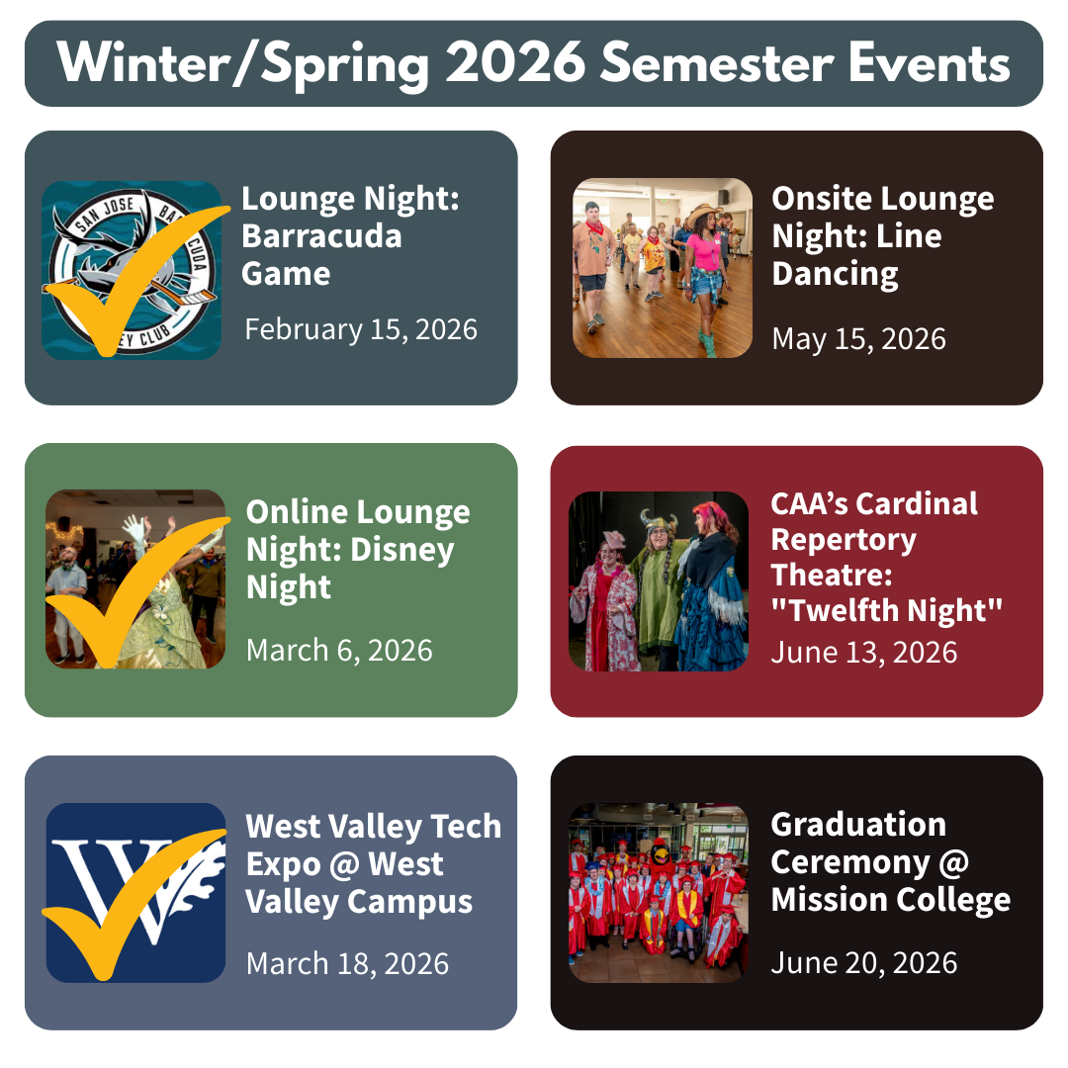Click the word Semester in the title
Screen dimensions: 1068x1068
pyautogui.click(x=717, y=62)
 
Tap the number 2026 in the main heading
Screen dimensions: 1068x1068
pyautogui.click(x=515, y=62)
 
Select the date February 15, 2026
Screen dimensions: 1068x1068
pyautogui.click(x=361, y=329)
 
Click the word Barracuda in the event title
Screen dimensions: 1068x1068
pyautogui.click(x=321, y=236)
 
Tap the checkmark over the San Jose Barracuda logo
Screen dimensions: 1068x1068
pyautogui.click(x=136, y=279)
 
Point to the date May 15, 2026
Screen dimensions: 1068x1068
pyautogui.click(x=859, y=339)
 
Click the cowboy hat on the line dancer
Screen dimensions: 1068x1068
pyautogui.click(x=703, y=214)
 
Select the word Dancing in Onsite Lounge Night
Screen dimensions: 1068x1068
pyautogui.click(x=835, y=275)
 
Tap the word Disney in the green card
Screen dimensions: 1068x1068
pyautogui.click(x=401, y=551)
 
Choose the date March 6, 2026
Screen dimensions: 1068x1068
pyautogui.click(x=339, y=651)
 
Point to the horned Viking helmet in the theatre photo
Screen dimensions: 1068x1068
pyautogui.click(x=659, y=523)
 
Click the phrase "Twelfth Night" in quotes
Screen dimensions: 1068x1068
pyautogui.click(x=887, y=610)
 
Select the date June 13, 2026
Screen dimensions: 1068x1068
pyautogui.click(x=863, y=653)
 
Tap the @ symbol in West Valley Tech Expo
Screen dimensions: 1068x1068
pyautogui.click(x=344, y=865)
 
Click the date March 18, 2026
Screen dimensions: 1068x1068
pyautogui.click(x=347, y=964)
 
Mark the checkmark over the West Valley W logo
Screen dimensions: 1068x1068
pyautogui.click(x=133, y=903)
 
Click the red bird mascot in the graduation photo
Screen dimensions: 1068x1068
pyautogui.click(x=660, y=858)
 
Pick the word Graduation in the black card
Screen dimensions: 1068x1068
pyautogui.click(x=858, y=825)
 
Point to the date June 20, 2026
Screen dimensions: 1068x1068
pyautogui.click(x=863, y=963)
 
